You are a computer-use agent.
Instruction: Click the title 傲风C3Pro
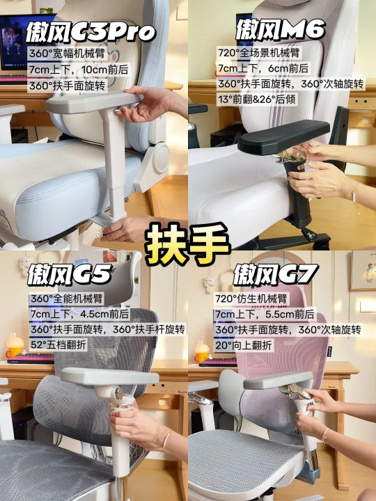point(91,32)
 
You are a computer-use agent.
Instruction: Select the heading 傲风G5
point(70,274)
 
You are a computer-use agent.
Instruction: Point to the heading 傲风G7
point(275,275)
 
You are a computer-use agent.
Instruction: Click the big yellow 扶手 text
point(188,244)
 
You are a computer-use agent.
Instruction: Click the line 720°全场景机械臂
point(258,53)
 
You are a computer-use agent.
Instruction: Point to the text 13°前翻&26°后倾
point(257,100)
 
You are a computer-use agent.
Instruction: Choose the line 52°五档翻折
point(58,345)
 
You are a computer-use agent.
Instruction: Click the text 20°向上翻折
point(244,345)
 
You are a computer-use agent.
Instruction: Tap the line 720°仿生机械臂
point(251,299)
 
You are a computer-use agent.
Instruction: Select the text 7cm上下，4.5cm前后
point(79,314)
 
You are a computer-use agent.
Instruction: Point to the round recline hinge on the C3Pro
point(161,158)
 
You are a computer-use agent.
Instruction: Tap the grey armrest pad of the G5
point(109,376)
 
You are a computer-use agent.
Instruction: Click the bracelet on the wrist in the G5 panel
point(166,440)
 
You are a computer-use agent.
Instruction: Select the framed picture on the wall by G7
point(363,270)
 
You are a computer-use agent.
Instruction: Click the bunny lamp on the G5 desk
point(15,346)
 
